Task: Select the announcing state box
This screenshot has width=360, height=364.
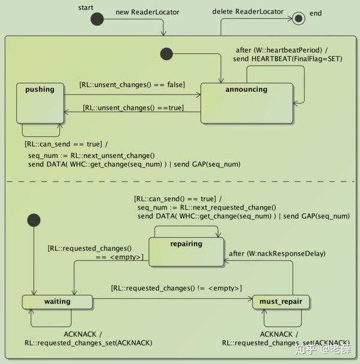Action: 247,102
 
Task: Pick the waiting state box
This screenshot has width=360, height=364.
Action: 57,302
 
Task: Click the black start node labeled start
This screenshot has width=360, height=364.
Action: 97,19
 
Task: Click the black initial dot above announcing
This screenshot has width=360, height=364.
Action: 166,55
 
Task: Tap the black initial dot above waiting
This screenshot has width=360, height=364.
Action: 33,220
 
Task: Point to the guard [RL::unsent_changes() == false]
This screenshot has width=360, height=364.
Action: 132,84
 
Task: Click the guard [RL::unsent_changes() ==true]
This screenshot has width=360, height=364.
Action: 133,108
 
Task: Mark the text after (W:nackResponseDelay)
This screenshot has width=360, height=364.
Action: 277,253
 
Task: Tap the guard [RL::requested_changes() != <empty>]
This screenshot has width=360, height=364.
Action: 176,288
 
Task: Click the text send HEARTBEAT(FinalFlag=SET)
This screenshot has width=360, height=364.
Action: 280,59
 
